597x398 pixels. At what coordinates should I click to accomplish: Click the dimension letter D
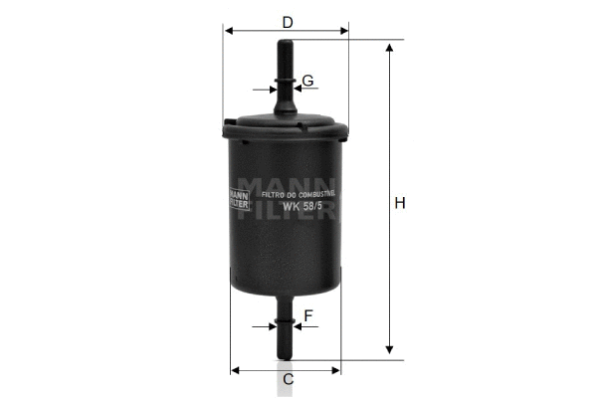tap(287, 21)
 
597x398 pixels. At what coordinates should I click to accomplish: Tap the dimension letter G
tap(307, 80)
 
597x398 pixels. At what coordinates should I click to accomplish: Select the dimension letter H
tap(399, 204)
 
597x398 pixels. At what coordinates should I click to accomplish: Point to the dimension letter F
tap(308, 316)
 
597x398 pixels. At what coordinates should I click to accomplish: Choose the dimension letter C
tap(288, 379)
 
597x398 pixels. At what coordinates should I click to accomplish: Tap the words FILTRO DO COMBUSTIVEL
tap(299, 195)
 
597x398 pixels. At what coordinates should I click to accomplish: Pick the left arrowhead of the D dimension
tap(228, 32)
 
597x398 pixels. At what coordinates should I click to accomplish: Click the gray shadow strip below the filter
tap(286, 383)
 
